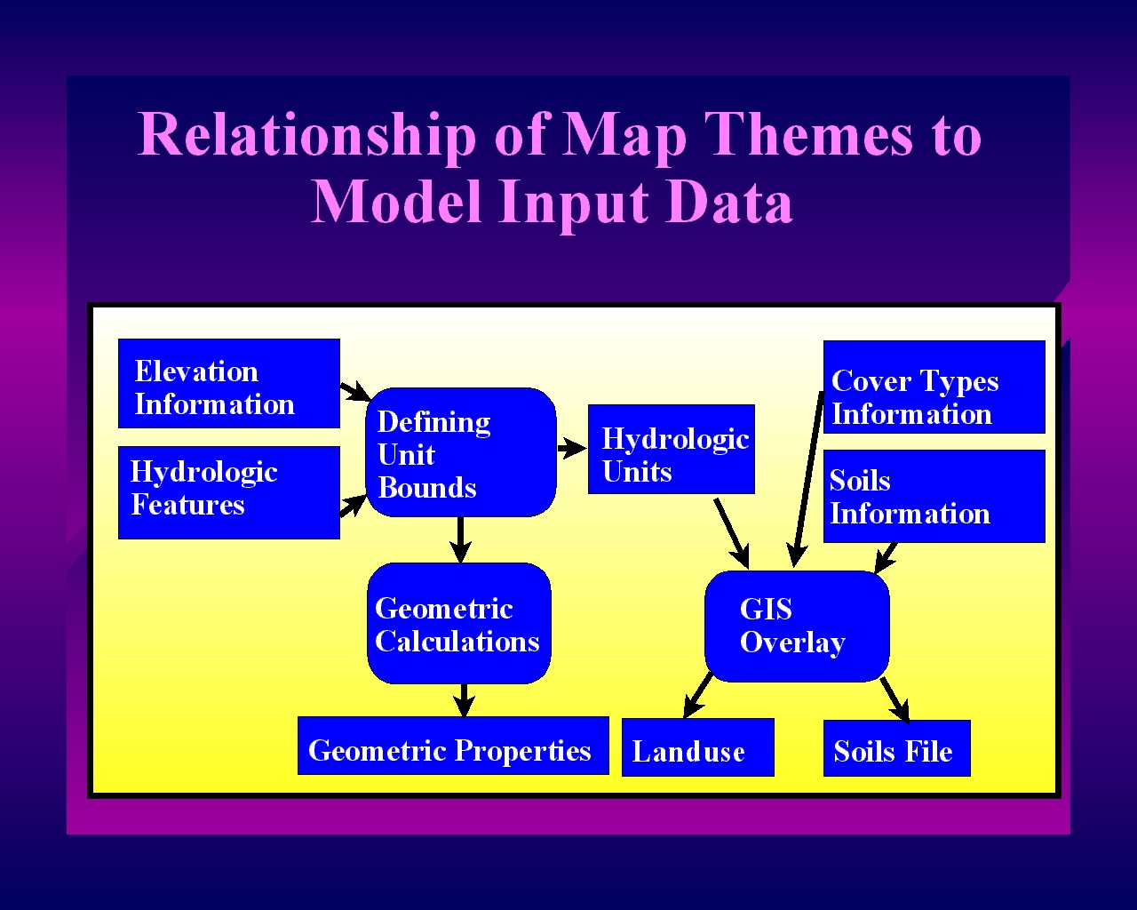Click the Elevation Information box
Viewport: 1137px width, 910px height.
point(229,383)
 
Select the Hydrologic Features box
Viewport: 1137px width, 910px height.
point(229,492)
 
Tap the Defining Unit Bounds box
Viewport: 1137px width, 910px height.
point(461,452)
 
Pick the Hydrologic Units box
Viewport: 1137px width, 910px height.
point(671,449)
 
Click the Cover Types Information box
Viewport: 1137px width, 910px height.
point(934,387)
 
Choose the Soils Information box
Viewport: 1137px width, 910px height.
point(934,496)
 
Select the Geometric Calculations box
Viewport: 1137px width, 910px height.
point(459,623)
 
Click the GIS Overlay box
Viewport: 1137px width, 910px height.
point(797,626)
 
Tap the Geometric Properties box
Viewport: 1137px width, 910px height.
point(453,746)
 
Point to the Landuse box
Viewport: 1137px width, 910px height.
point(698,747)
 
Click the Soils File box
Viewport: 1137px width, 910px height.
point(896,748)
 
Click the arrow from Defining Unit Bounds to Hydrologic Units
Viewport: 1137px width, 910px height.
point(572,449)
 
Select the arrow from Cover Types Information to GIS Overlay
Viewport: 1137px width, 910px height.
point(807,479)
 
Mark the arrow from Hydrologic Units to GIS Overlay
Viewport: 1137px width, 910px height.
point(732,533)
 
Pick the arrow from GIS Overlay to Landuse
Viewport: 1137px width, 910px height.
point(697,697)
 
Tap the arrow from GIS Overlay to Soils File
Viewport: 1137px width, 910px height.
point(895,700)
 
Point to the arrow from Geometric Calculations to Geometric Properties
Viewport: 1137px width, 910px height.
point(464,700)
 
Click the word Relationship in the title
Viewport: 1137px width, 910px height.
point(307,135)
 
